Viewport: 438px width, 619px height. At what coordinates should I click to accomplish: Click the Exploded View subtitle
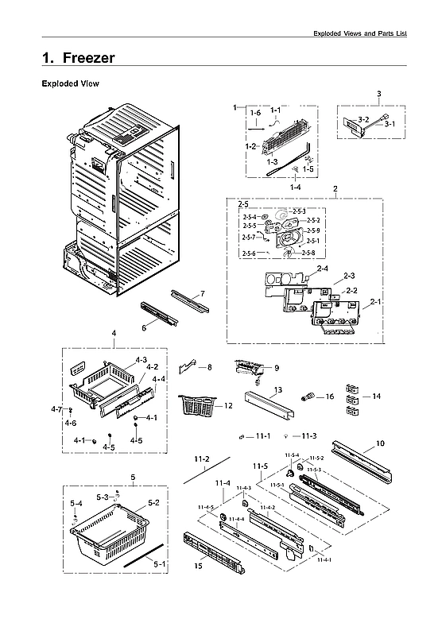tap(70, 83)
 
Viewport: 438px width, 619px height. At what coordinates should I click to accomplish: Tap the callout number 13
tap(277, 390)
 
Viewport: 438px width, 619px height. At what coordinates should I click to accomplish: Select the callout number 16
tap(329, 395)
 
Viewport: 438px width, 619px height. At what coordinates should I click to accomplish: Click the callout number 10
tap(380, 443)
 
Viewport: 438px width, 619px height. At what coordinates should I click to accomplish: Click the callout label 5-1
tap(160, 563)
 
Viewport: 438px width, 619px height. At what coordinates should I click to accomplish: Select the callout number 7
tap(203, 294)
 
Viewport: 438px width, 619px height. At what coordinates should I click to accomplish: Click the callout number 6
tap(144, 327)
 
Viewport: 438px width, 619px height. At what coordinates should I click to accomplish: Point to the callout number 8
tap(209, 367)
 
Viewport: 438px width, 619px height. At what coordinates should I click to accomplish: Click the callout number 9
tap(277, 367)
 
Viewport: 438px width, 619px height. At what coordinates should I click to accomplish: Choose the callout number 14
tap(376, 395)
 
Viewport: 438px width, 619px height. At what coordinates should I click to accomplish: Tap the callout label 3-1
tap(390, 124)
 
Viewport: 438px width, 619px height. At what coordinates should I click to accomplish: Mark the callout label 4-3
tap(141, 360)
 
